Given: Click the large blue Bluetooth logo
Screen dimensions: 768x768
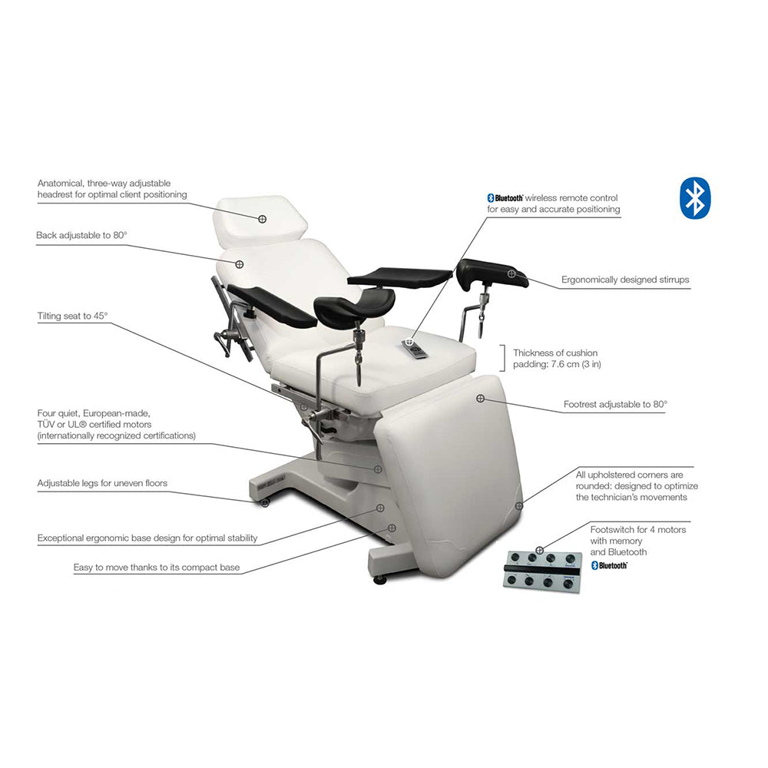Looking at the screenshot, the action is pos(695,198).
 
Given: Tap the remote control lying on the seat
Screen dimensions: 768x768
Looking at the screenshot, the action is pos(415,349).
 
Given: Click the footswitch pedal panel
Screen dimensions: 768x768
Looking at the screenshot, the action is pos(543,571).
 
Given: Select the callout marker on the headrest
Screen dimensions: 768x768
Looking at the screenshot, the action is pos(263,219).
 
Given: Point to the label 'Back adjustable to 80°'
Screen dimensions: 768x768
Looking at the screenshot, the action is pos(82,235).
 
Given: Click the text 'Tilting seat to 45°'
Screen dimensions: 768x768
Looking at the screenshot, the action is pos(72,316).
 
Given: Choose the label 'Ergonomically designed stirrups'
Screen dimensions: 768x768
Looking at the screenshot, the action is pos(625,280).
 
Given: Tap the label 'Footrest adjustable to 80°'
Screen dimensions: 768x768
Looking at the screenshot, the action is pos(615,404).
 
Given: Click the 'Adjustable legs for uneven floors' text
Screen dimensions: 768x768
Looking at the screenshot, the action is pos(102,483).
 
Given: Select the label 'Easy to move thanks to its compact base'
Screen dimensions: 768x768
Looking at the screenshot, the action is pos(157,568).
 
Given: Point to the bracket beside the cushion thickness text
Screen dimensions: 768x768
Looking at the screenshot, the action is pos(502,358).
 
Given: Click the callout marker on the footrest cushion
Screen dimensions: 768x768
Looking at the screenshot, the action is pos(481,399).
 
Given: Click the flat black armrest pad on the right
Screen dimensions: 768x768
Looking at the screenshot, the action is pos(399,276).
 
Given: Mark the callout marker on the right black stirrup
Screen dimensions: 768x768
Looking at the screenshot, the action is pos(511,274).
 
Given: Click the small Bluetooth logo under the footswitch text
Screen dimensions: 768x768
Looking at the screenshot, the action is pos(609,566).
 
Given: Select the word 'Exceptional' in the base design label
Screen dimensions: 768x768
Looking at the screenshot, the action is pos(61,538).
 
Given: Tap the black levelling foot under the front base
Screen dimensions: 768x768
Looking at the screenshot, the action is pos(379,580).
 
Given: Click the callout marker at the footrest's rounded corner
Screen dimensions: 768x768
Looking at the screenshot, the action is pos(519,506).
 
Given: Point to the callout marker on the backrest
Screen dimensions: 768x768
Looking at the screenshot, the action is pos(240,264).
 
